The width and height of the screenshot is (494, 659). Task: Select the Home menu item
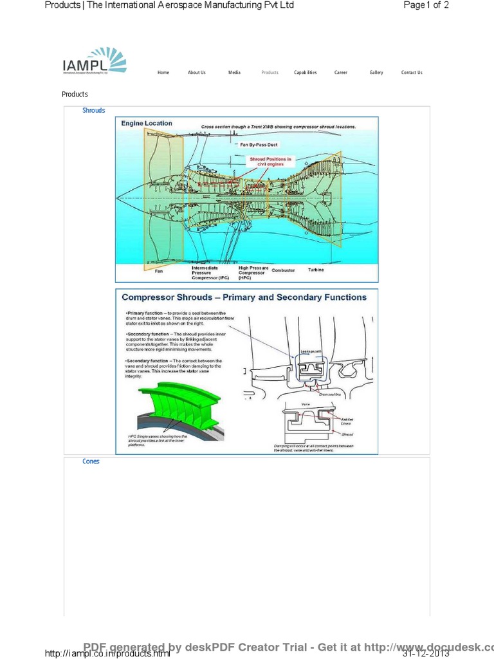coord(163,73)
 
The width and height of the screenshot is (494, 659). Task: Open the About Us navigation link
coord(197,73)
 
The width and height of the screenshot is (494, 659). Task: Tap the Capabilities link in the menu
coord(306,73)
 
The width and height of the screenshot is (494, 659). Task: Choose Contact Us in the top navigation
coord(412,73)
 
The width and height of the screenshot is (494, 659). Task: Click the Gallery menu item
coord(376,73)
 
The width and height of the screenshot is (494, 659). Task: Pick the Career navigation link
coord(341,73)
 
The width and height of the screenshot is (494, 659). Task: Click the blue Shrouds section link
coord(94,111)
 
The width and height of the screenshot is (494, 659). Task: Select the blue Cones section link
coord(91,461)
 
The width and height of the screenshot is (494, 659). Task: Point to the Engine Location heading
coord(147,123)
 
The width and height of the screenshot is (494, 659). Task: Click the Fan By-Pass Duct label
coord(257,145)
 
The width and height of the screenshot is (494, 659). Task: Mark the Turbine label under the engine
coord(316,270)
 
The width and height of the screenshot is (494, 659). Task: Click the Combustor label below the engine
coord(283,270)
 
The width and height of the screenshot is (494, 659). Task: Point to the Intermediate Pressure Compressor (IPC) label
coord(210,273)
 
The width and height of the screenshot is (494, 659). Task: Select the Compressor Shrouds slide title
coord(244,297)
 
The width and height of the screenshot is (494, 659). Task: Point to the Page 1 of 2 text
coord(426,5)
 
